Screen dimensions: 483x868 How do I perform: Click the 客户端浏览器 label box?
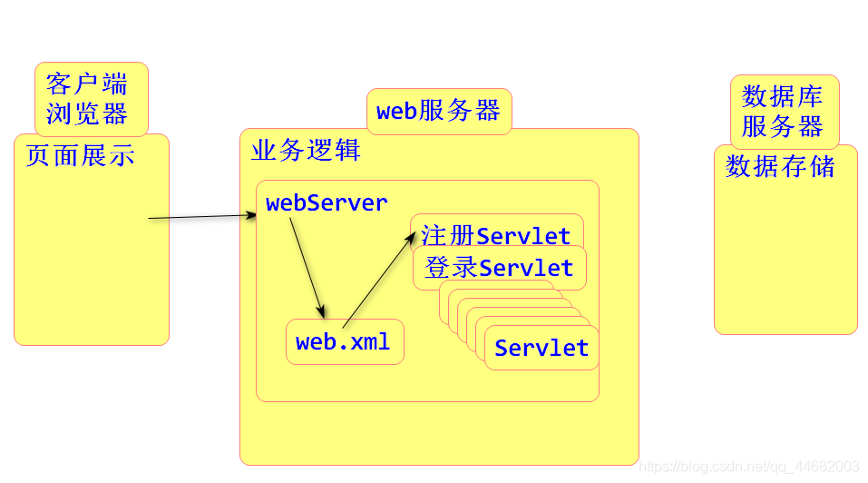(x=91, y=98)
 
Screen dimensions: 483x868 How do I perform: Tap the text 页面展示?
(x=80, y=156)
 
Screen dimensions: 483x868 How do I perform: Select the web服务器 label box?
(x=439, y=112)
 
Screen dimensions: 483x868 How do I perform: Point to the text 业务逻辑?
(x=306, y=151)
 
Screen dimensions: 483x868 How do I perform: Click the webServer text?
(x=327, y=203)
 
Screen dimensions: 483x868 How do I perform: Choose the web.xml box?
(x=344, y=342)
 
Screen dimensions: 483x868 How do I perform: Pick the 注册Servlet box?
(x=496, y=234)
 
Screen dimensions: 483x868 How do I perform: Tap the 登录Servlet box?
(x=499, y=269)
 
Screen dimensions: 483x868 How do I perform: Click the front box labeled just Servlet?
(x=541, y=349)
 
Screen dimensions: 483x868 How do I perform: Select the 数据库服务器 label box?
(x=784, y=111)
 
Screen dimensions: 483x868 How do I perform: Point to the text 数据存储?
(x=780, y=167)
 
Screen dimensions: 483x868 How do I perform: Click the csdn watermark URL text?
(x=749, y=466)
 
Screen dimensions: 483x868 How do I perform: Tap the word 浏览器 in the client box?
(x=86, y=114)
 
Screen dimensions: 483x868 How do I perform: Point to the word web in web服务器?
(x=396, y=112)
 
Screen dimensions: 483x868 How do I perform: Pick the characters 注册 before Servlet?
(x=448, y=236)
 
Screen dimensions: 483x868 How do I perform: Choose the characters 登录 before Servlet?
(x=451, y=269)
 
